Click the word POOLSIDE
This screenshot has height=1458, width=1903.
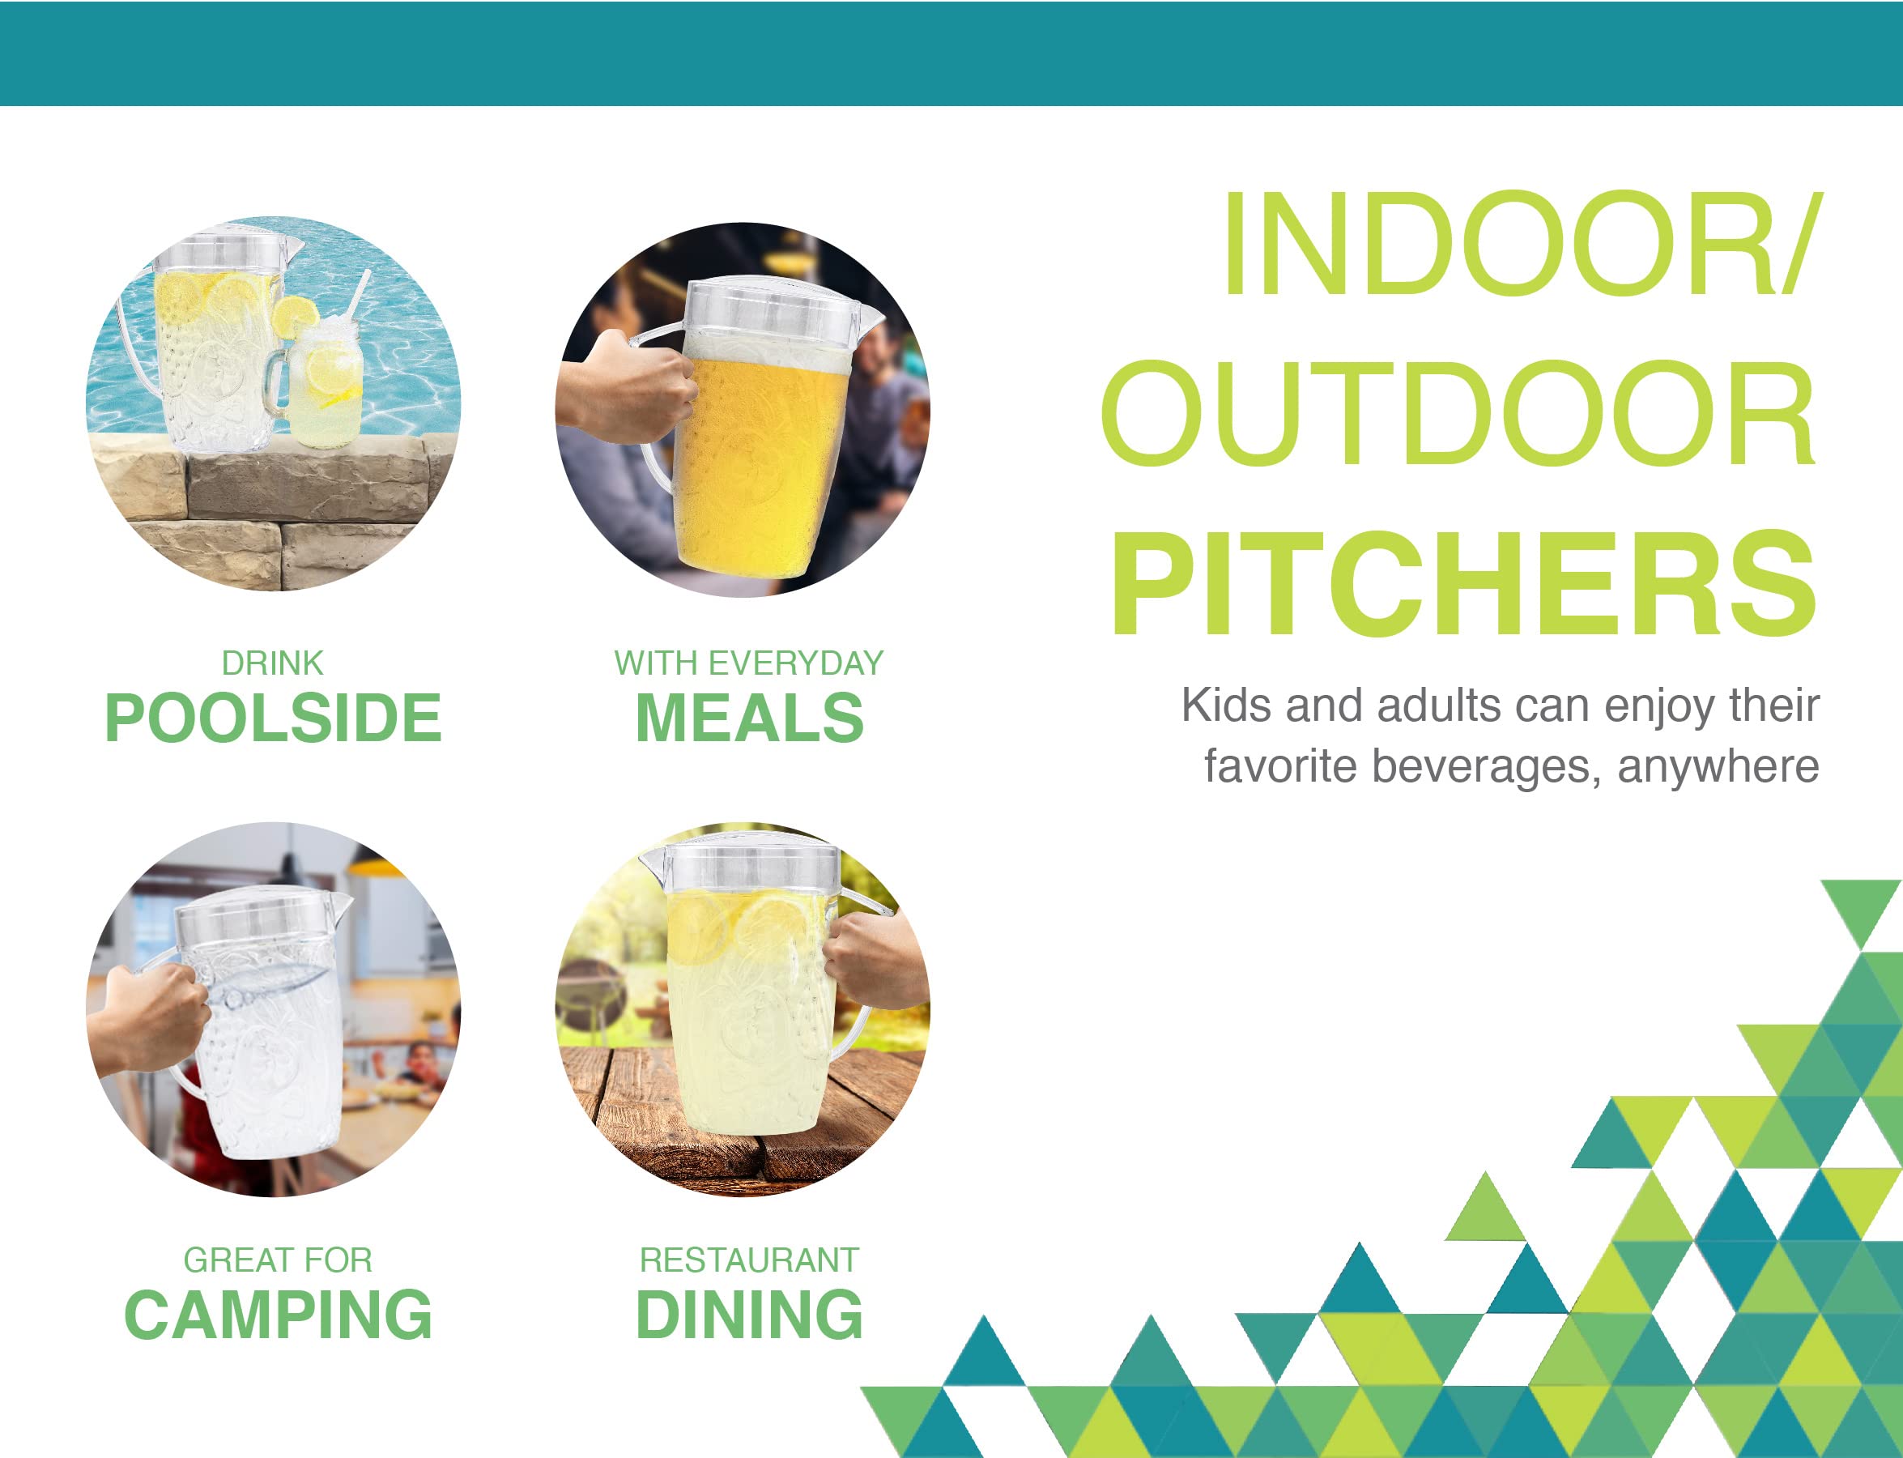pyautogui.click(x=272, y=718)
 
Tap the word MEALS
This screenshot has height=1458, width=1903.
pyautogui.click(x=749, y=718)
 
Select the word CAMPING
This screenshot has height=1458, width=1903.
pyautogui.click(x=278, y=1315)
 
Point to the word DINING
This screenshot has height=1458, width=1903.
pyautogui.click(x=749, y=1315)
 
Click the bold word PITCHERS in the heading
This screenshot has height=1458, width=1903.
pyautogui.click(x=1464, y=585)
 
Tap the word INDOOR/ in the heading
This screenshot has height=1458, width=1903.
pyautogui.click(x=1523, y=244)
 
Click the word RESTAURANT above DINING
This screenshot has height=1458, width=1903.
pyautogui.click(x=749, y=1260)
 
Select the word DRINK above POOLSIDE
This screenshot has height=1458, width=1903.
pyautogui.click(x=272, y=663)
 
